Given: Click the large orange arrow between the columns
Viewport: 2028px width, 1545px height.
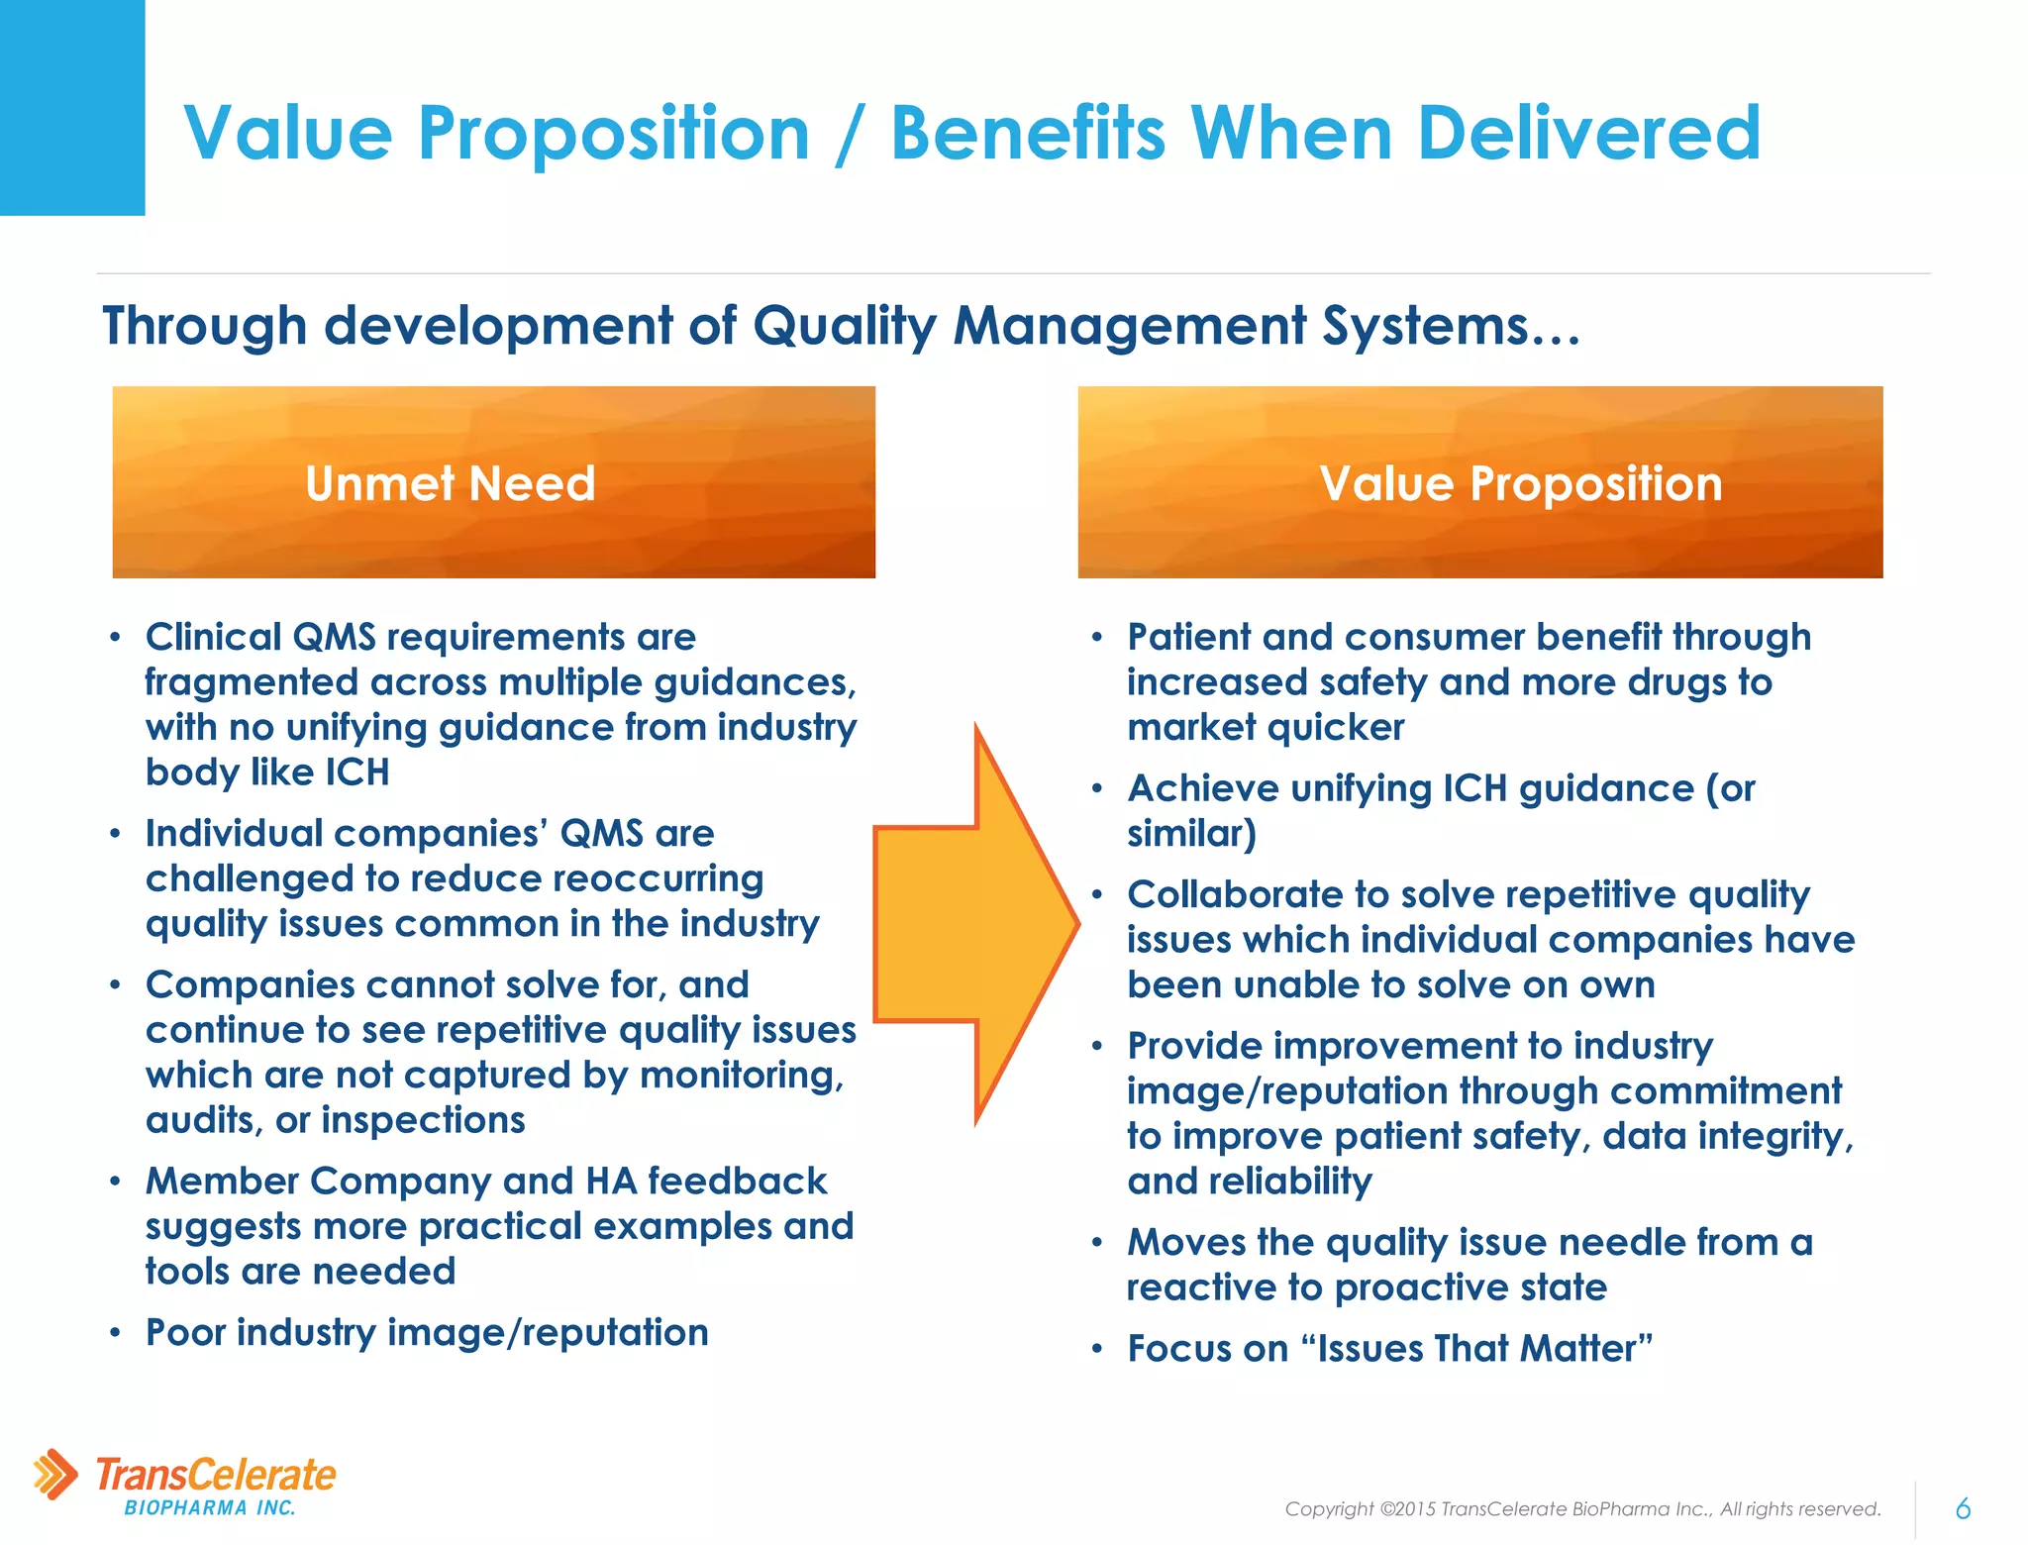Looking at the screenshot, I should coord(975,923).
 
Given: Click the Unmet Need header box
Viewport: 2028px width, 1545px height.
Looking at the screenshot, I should coord(493,482).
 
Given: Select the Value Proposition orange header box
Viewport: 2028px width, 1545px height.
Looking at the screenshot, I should coord(1479,482).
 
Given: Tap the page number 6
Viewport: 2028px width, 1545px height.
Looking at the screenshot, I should coord(1963,1508).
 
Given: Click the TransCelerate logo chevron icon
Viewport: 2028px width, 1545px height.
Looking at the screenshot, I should coord(55,1475).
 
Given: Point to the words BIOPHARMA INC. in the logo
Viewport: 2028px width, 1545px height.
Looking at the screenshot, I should coord(210,1508).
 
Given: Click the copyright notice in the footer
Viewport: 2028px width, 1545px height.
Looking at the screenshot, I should coord(1581,1508).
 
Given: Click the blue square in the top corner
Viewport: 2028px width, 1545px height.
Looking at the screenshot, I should coord(71,107).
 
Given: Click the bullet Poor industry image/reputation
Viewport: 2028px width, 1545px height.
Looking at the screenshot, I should coord(427,1332).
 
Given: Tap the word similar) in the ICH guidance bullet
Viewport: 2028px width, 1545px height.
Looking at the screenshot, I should coord(1191,834).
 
